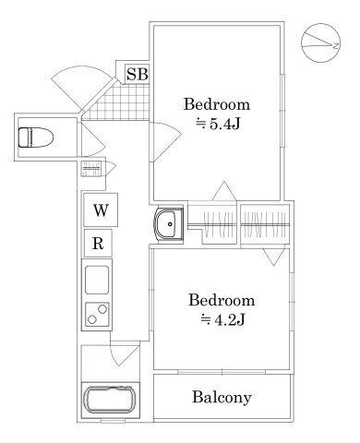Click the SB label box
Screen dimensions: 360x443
[x=138, y=74]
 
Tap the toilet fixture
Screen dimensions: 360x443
[x=35, y=138]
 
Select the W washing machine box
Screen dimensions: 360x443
[x=101, y=210]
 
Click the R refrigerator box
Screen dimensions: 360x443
[x=98, y=244]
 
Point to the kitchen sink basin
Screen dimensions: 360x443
[x=97, y=280]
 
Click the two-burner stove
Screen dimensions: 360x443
[x=97, y=314]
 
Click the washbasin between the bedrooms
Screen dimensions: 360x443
[x=169, y=224]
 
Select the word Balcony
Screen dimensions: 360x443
[x=222, y=397]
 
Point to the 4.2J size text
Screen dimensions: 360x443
[x=222, y=320]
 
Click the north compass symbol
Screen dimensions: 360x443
[x=320, y=42]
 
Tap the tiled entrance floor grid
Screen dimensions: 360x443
[x=118, y=102]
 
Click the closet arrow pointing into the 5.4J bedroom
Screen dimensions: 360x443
[x=224, y=191]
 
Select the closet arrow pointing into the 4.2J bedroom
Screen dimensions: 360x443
[x=273, y=257]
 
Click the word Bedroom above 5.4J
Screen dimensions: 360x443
[x=217, y=104]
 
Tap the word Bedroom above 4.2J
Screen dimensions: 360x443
[x=222, y=300]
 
